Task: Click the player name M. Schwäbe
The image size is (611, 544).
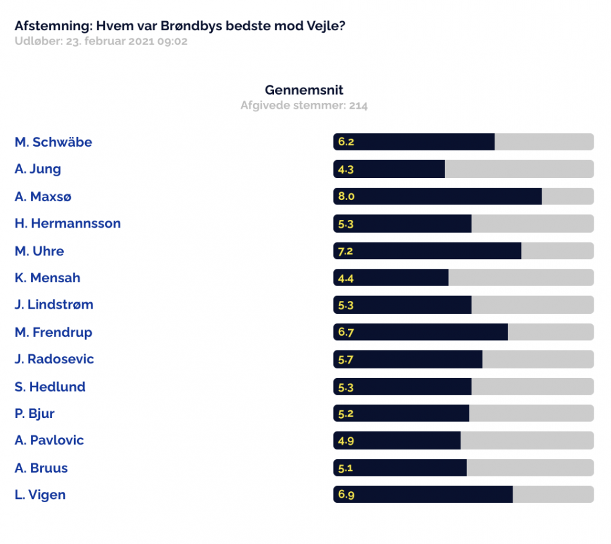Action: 53,142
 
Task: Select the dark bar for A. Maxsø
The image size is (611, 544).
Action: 437,196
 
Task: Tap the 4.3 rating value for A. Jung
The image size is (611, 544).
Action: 345,170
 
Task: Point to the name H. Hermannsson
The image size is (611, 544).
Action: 68,223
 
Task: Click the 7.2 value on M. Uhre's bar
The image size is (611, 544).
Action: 345,251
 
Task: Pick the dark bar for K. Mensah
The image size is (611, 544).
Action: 391,278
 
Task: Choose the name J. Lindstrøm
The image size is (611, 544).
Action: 54,304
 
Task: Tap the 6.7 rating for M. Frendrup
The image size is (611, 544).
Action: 346,332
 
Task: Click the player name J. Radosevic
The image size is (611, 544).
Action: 55,359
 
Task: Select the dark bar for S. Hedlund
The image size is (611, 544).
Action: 403,386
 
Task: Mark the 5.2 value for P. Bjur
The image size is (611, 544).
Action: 345,413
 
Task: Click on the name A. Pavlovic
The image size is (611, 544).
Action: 49,440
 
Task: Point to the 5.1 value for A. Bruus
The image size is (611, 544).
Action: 345,468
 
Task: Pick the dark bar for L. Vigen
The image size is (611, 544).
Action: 423,494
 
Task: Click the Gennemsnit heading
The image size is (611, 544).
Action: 304,90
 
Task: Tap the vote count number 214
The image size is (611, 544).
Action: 358,105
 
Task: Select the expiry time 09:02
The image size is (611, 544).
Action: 172,41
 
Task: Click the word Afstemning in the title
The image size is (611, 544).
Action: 52,26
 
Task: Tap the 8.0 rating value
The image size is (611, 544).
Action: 346,196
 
